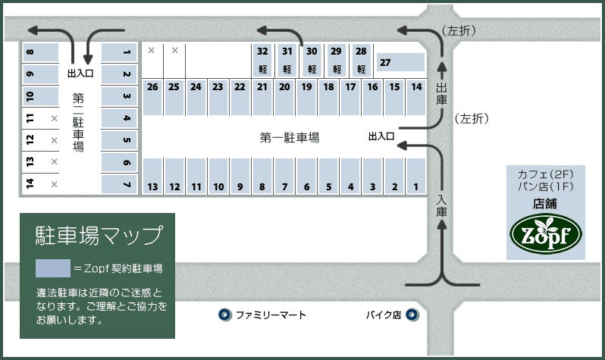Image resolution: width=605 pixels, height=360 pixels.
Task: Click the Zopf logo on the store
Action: (545, 233)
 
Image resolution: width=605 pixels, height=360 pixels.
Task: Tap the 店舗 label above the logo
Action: (545, 203)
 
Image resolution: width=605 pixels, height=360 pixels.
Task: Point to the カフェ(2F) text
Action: (545, 174)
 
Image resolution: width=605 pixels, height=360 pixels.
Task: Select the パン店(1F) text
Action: (545, 187)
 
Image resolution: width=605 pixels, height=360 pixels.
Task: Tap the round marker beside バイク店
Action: (412, 315)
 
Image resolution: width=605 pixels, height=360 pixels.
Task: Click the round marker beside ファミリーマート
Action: (224, 315)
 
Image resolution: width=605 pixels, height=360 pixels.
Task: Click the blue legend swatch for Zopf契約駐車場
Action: (53, 268)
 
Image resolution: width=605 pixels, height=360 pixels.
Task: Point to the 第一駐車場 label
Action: (290, 138)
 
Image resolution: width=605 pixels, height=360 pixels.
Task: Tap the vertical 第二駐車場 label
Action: (78, 123)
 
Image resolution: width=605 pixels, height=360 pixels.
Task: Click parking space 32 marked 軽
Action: (262, 59)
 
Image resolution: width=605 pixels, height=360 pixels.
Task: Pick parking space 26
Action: (152, 96)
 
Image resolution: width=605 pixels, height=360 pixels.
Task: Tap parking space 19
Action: (306, 96)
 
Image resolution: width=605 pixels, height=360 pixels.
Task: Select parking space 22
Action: (240, 96)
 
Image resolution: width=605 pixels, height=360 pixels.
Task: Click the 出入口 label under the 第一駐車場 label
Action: (381, 137)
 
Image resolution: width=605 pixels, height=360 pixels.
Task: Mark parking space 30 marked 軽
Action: (312, 59)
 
